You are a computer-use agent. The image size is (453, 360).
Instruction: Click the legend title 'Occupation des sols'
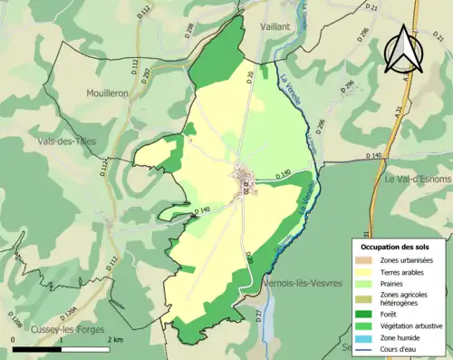click(394, 247)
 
